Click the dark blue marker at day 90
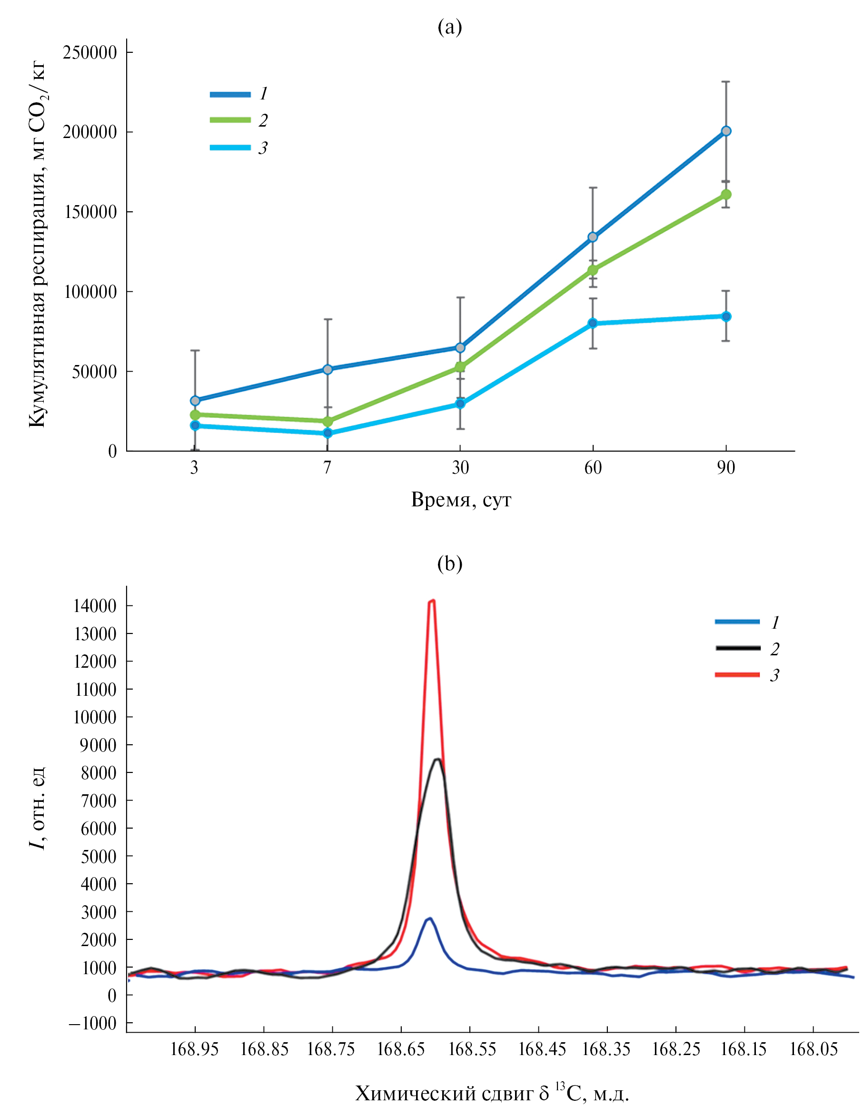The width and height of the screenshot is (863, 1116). coord(725,131)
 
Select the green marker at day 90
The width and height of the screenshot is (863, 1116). coord(725,195)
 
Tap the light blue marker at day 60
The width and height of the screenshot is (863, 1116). coord(593,323)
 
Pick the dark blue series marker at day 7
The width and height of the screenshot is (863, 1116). coord(327,369)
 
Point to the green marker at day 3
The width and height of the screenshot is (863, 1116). coord(195,415)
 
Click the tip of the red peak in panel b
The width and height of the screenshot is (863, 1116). coord(432,602)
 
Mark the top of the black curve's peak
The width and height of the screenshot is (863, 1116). coord(438,760)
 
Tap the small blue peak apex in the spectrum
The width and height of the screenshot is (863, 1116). coord(430,919)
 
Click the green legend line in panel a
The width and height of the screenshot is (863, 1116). coord(230,120)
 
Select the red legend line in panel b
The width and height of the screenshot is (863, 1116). coord(737,675)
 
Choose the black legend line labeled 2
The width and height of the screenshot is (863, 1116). coord(737,649)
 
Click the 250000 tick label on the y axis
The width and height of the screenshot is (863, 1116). coord(90,53)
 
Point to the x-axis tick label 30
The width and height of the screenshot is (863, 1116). coord(460,467)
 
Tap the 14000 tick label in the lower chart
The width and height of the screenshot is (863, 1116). coord(95,606)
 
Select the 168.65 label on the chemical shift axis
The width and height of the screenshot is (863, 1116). coord(401,1049)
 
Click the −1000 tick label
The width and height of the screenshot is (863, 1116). coord(92,1024)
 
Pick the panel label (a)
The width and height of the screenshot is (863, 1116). coord(450,27)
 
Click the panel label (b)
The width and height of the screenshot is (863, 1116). coord(450,563)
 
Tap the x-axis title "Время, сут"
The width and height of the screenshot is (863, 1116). coord(460,500)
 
